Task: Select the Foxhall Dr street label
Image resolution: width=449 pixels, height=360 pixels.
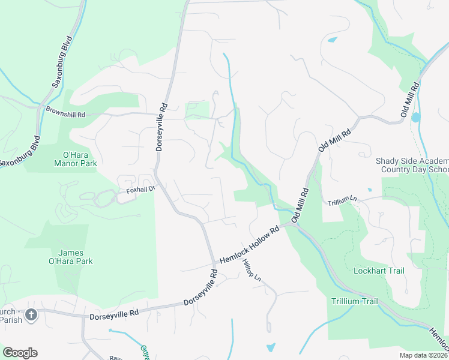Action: tap(140, 190)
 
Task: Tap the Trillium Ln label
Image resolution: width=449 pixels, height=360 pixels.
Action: tap(342, 202)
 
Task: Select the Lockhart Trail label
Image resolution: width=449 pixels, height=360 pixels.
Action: tap(379, 271)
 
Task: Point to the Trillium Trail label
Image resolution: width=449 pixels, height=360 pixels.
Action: tap(354, 301)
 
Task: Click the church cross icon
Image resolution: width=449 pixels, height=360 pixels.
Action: tap(31, 314)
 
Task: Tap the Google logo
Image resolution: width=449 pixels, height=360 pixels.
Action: tap(20, 353)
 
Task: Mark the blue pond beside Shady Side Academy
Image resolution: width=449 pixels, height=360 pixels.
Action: tap(416, 118)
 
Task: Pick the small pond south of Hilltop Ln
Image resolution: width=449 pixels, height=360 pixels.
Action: tap(271, 347)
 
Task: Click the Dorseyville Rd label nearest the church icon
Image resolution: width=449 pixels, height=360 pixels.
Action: tap(113, 313)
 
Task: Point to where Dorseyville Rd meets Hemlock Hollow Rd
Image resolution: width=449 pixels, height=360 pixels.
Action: tap(214, 264)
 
